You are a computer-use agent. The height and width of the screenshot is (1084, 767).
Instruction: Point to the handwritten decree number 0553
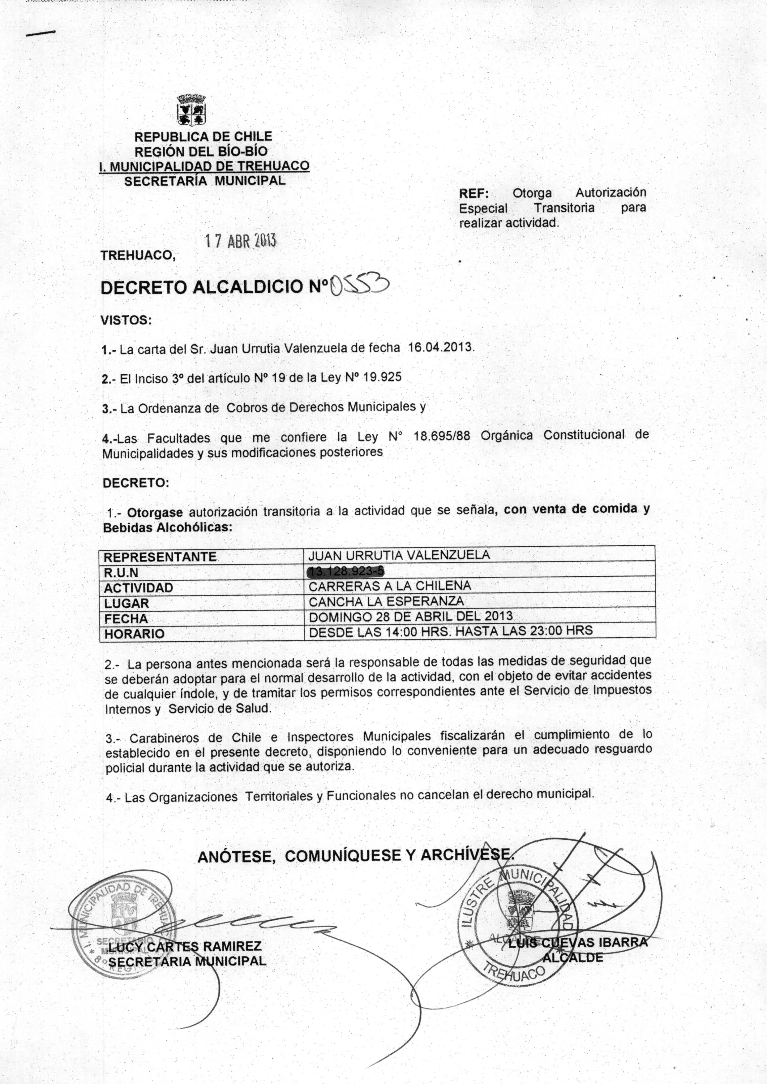coord(359,285)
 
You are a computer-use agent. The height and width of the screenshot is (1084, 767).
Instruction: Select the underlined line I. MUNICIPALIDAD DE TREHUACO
coord(204,166)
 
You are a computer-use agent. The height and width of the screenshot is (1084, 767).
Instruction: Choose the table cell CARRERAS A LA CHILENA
coord(390,586)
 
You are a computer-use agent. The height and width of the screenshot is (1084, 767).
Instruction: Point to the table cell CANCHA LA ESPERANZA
coord(386,601)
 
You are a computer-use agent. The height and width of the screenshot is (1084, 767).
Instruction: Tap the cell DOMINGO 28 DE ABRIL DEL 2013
coord(410,616)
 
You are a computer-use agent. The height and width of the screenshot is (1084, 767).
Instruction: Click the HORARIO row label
coord(135,634)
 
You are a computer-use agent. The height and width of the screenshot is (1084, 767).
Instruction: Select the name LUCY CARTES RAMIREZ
coord(185,947)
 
